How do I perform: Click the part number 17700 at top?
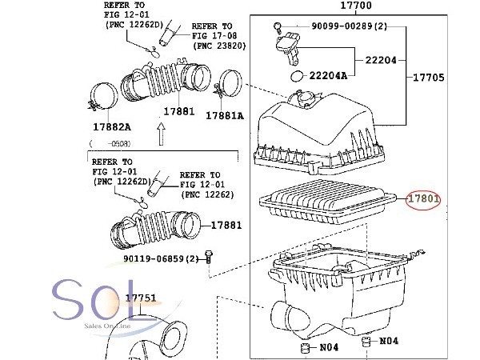(x=356, y=6)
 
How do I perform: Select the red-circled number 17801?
(x=423, y=199)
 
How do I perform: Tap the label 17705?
(x=428, y=77)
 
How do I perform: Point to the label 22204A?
(x=328, y=75)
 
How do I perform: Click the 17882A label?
(x=112, y=126)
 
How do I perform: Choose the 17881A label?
(x=225, y=116)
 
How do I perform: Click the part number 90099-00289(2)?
(x=350, y=26)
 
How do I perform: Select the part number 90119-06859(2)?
(x=161, y=258)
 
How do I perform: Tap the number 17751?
(x=141, y=298)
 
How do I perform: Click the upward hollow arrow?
(x=162, y=134)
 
